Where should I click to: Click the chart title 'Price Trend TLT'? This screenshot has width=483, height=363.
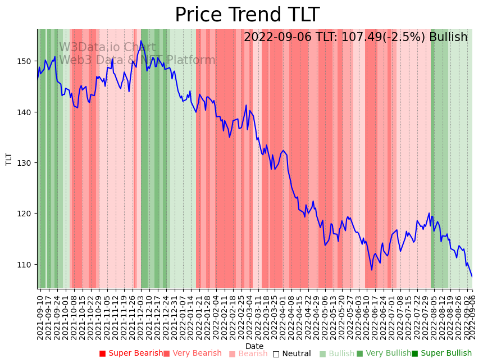[247, 15]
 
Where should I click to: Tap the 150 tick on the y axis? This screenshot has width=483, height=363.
[28, 61]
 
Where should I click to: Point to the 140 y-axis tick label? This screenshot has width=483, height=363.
[28, 112]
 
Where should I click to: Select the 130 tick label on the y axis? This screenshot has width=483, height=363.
[28, 163]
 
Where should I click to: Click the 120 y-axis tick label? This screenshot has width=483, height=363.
[28, 214]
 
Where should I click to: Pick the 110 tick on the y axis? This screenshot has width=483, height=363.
[28, 264]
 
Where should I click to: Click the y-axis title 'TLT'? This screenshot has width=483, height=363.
[9, 159]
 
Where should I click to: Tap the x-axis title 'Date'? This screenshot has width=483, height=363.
[254, 346]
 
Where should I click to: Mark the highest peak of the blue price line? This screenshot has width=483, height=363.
[141, 41]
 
